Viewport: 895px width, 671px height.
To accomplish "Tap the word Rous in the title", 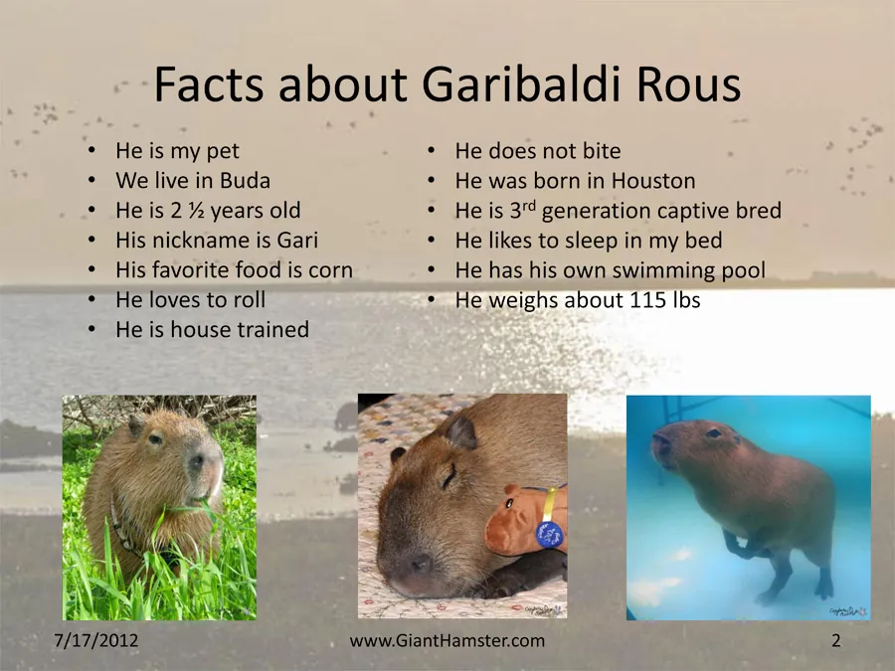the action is coord(689,84).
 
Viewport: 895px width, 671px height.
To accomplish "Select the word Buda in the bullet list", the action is coord(245,180).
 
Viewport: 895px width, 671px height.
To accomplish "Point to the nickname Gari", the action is coord(297,240).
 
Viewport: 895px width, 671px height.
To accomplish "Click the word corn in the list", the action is coord(330,269).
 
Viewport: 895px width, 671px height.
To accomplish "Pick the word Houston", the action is coord(653,181).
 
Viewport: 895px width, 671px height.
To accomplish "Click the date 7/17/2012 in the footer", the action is coord(95,639).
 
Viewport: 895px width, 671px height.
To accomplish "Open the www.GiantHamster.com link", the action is coord(447,640).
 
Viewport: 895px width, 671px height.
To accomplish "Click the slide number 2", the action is coord(835,640).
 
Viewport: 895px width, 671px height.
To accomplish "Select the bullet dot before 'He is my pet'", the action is coord(91,150).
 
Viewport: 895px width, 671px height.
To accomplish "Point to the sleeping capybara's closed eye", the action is coord(448,477).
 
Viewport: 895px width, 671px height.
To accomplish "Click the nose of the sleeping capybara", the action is coord(418,565).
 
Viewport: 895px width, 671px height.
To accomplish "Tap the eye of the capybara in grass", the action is coord(155,438).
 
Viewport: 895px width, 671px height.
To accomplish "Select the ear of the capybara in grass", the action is coord(136,425).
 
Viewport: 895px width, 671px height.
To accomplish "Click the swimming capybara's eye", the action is coord(714,433).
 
